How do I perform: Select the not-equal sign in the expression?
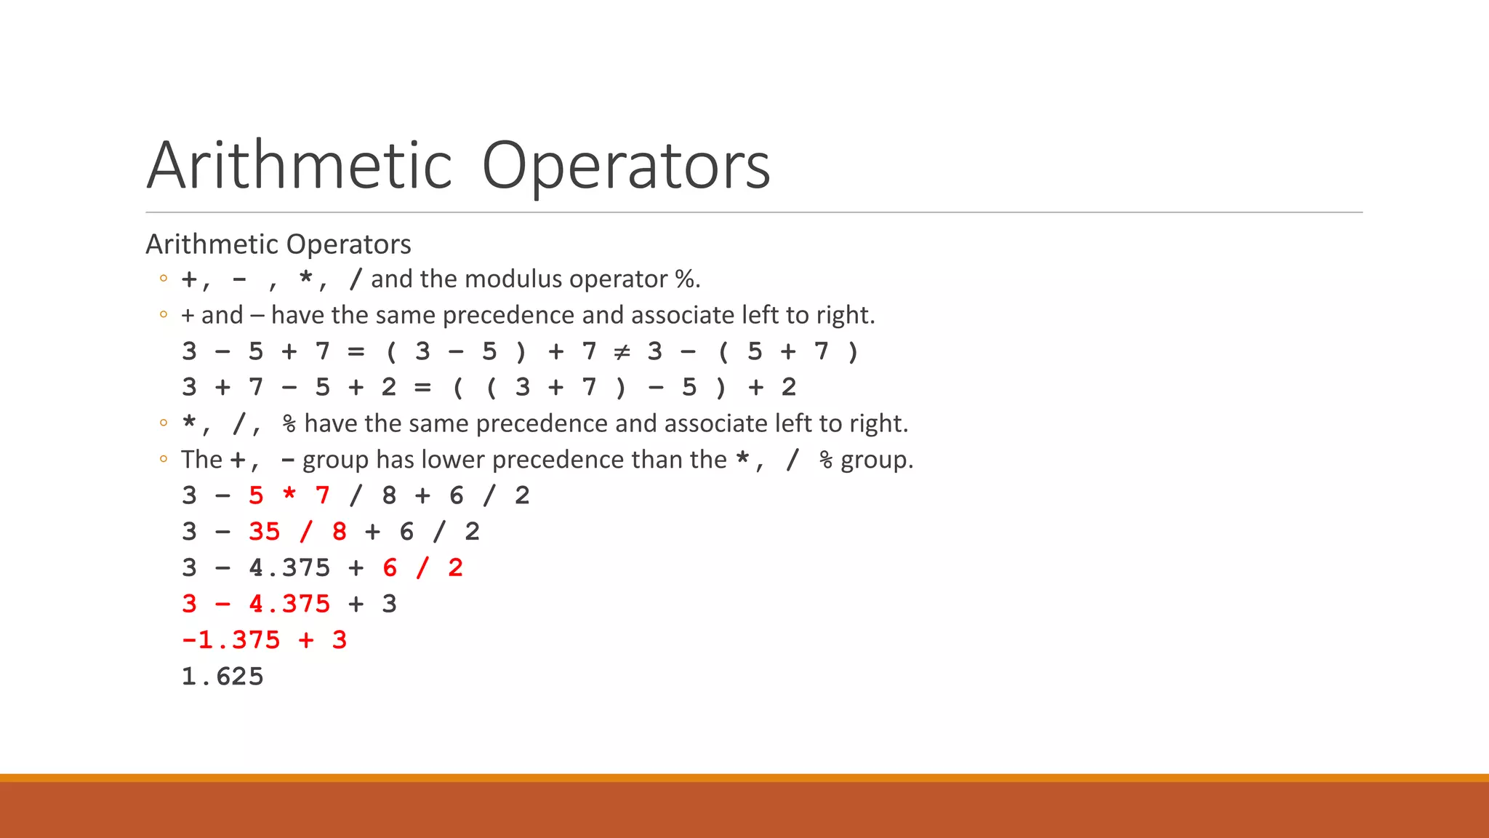[622, 352]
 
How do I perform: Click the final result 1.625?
[222, 677]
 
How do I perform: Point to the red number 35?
[264, 532]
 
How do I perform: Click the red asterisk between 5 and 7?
[289, 495]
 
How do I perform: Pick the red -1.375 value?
[230, 640]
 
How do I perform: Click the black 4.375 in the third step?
[289, 567]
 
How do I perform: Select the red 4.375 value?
[289, 604]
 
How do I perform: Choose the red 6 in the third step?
[390, 567]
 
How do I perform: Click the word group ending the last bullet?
[875, 460]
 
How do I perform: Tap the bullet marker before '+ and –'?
[164, 315]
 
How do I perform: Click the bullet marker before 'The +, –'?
[164, 459]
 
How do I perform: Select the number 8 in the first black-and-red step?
[389, 495]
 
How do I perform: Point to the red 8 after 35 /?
[340, 532]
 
